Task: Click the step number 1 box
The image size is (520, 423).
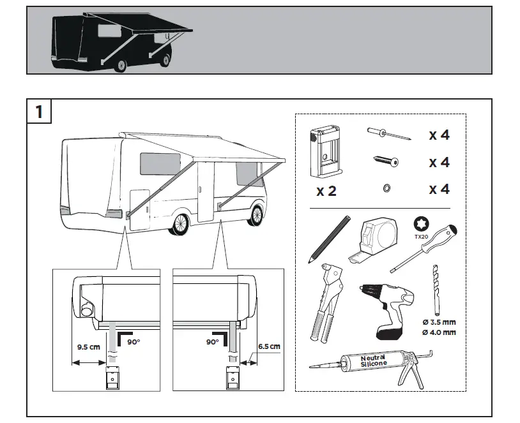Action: (x=39, y=111)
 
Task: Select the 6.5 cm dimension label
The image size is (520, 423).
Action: (x=268, y=347)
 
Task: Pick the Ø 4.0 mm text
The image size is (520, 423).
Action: (x=438, y=332)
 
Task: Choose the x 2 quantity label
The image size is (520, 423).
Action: (x=326, y=191)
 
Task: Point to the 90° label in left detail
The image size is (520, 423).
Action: (x=133, y=341)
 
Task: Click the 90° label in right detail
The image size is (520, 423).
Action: (x=213, y=341)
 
